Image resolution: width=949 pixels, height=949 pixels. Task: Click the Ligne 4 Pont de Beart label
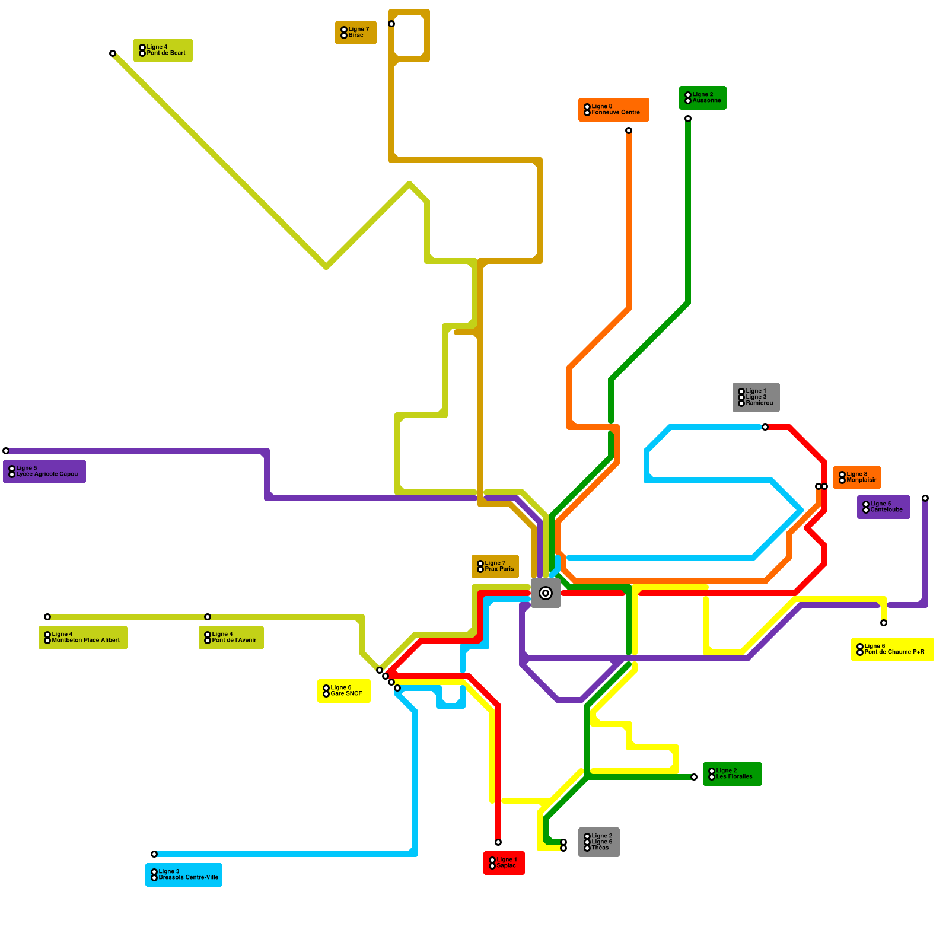click(163, 50)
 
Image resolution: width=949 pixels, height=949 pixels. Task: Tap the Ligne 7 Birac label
click(356, 33)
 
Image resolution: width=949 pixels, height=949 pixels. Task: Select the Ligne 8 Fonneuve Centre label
click(614, 110)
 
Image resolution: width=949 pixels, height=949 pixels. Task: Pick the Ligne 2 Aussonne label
click(703, 98)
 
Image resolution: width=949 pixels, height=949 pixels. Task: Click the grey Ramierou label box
click(756, 397)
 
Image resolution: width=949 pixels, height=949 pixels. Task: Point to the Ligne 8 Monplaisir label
click(857, 477)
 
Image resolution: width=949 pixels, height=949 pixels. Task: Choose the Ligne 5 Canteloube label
click(884, 507)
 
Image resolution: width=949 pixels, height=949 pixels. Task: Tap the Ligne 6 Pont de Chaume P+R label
click(893, 649)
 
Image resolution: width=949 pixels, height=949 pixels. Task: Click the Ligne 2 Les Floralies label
click(733, 774)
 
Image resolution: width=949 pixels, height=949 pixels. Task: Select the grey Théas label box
click(599, 842)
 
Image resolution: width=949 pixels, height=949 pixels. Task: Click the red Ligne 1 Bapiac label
click(504, 863)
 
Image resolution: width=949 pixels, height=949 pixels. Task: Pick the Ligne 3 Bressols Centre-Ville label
click(184, 875)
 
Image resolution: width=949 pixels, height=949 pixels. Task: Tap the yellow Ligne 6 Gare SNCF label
click(344, 691)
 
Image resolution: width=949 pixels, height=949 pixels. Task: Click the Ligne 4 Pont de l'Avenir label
click(231, 638)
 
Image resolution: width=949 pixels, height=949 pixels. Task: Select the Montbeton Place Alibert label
click(83, 638)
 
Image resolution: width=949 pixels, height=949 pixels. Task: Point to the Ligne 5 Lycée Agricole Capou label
click(44, 472)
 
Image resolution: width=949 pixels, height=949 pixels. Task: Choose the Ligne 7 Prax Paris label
click(495, 566)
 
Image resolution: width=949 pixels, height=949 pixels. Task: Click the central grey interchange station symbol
click(546, 593)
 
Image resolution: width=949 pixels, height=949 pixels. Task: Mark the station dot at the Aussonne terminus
click(688, 119)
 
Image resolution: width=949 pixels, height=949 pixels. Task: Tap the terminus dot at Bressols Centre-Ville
click(154, 854)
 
